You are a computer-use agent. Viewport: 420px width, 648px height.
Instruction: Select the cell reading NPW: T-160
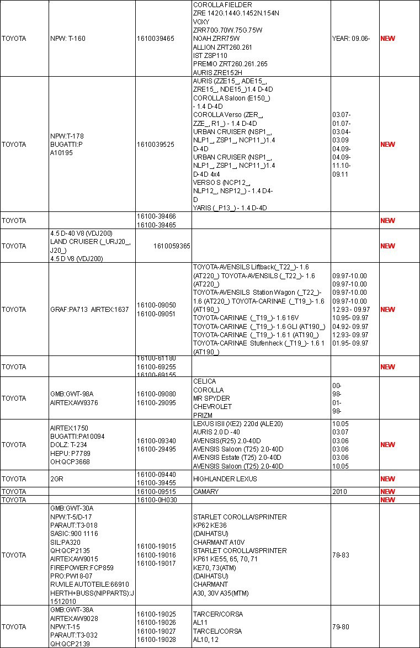click(x=67, y=39)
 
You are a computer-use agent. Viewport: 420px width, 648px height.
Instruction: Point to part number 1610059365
click(x=172, y=246)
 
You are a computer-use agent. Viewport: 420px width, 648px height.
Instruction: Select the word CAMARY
click(x=206, y=492)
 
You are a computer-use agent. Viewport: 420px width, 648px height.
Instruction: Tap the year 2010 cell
click(x=339, y=492)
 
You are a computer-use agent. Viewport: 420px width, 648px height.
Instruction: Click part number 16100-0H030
click(x=156, y=500)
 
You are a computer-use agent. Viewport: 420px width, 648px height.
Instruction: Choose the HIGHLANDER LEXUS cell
click(x=225, y=479)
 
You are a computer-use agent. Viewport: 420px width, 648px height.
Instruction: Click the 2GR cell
click(x=56, y=479)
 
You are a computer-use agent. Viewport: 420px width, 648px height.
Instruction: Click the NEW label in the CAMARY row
click(x=387, y=492)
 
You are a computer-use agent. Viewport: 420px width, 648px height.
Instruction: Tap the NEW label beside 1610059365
click(x=387, y=246)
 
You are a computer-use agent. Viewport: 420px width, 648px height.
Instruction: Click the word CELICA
click(x=204, y=381)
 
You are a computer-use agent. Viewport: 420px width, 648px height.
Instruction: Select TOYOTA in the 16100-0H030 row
click(x=14, y=500)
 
